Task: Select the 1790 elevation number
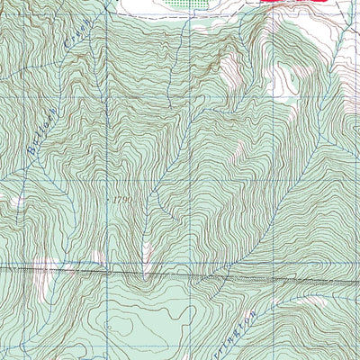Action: (x=124, y=199)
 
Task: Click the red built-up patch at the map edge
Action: (x=283, y=4)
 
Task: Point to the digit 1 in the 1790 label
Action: (x=115, y=199)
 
